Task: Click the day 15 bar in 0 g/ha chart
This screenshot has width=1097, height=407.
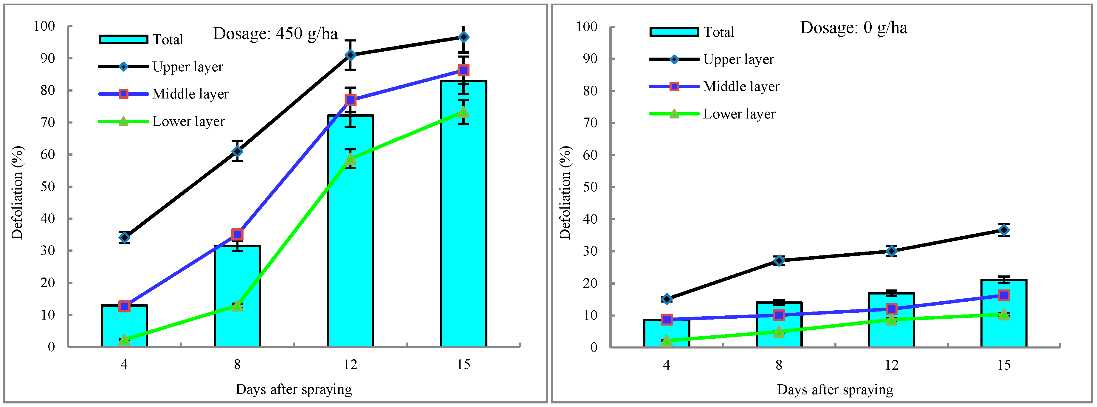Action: coord(1003,324)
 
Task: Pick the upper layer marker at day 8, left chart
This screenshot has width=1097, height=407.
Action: coord(237,151)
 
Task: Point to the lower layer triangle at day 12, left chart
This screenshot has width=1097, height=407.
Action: coord(350,159)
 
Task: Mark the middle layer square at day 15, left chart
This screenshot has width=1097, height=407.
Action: coord(463,70)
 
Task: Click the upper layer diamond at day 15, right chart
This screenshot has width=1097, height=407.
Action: coord(1003,230)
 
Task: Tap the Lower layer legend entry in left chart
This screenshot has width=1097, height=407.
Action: coord(188,121)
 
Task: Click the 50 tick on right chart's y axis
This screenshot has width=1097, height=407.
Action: coord(590,187)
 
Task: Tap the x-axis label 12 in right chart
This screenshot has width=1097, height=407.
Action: coord(891,365)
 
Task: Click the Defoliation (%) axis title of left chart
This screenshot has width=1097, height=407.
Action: coord(17,193)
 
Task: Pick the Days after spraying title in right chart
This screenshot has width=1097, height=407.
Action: coord(835,389)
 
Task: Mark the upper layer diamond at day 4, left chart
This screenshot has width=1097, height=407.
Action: coord(124,238)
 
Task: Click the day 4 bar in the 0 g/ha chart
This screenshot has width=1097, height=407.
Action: coord(667,334)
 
